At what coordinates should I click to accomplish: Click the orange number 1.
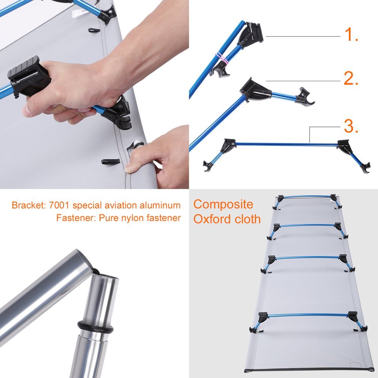point(351,34)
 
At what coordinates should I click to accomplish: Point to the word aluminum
point(160,205)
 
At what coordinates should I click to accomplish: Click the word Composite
point(223,205)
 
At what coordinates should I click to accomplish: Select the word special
point(87,205)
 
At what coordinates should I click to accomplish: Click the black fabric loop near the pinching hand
point(110,161)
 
